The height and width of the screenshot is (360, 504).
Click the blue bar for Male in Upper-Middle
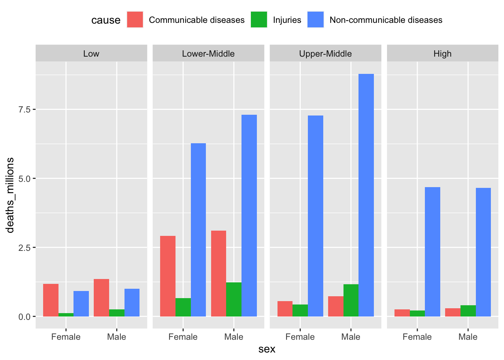tap(366, 195)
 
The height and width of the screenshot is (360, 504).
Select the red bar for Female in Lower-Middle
tap(168, 276)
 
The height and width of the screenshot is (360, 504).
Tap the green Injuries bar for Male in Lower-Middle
tap(234, 299)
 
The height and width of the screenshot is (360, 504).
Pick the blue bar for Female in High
tap(432, 252)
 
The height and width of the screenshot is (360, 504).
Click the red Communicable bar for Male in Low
tap(101, 298)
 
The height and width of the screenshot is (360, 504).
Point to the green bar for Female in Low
tap(66, 315)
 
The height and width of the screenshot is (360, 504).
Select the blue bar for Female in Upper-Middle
tap(315, 216)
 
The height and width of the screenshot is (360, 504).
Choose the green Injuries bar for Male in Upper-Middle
tap(351, 300)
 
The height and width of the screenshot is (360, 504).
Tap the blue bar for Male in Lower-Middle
tap(249, 216)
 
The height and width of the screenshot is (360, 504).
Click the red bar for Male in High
tap(453, 312)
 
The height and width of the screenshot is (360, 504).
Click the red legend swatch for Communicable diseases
tap(135, 19)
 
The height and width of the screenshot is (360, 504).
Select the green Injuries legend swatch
tap(259, 19)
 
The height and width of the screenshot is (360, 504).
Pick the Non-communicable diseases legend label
tap(386, 20)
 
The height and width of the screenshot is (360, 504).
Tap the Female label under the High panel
tap(417, 337)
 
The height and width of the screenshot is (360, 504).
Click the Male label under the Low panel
tap(117, 337)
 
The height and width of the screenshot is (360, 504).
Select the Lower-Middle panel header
tap(208, 54)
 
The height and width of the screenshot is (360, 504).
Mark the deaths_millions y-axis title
tap(10, 195)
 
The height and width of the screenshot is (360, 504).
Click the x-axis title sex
tap(267, 349)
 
